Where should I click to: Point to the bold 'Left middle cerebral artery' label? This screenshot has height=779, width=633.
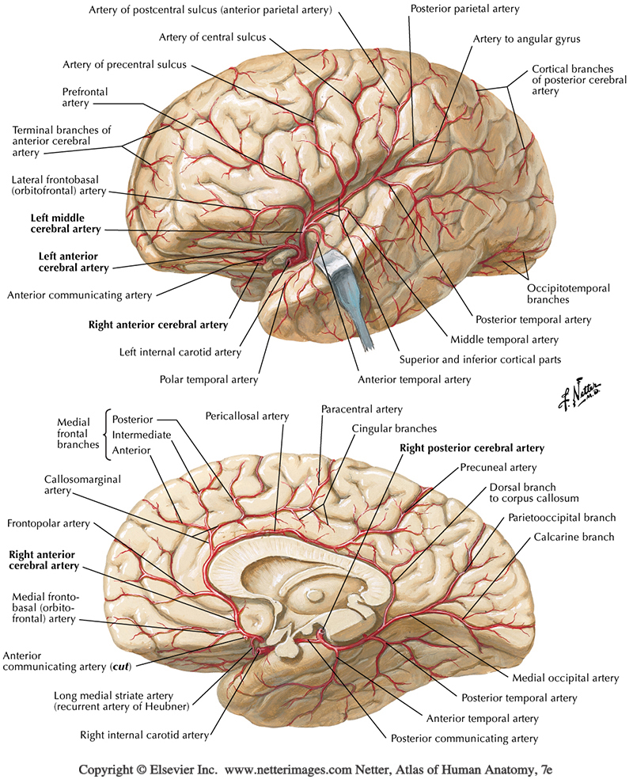point(66,223)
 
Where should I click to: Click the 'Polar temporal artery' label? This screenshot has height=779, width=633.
point(209,379)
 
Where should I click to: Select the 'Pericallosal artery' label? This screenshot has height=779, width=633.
point(246,415)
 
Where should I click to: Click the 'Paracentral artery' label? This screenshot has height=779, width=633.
point(362,409)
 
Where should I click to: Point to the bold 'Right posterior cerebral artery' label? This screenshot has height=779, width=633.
point(471,448)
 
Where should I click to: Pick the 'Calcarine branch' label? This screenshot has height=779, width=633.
point(567,538)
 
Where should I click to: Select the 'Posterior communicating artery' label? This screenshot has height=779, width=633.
point(464,739)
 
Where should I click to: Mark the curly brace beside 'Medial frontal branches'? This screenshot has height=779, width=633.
point(105,434)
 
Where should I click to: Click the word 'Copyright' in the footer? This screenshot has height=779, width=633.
point(106,769)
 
